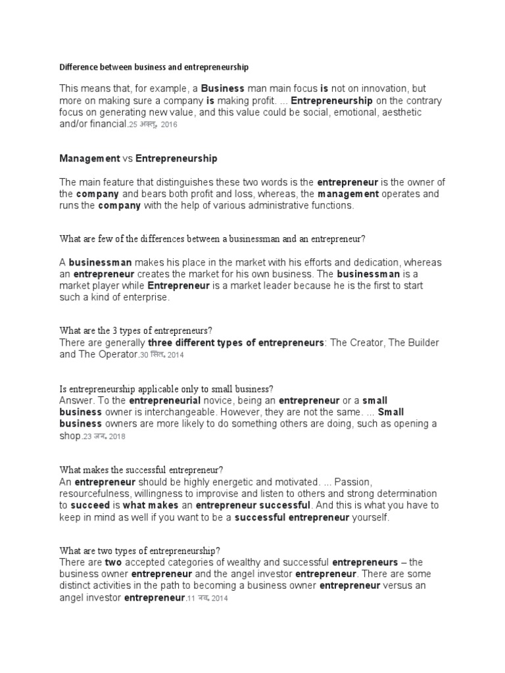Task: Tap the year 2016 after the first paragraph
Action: [170, 125]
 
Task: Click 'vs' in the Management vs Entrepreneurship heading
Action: [128, 159]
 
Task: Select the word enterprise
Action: [147, 298]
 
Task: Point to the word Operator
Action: [118, 355]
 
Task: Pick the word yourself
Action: [370, 517]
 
